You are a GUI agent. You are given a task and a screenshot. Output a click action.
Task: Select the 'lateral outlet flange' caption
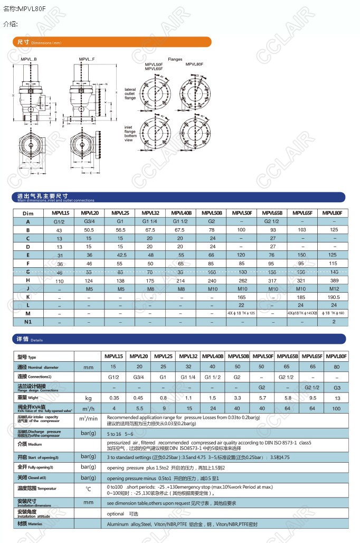(130, 93)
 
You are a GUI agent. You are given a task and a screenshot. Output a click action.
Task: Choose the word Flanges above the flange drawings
(175, 60)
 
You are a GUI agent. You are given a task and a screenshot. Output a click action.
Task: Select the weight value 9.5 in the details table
(312, 398)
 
